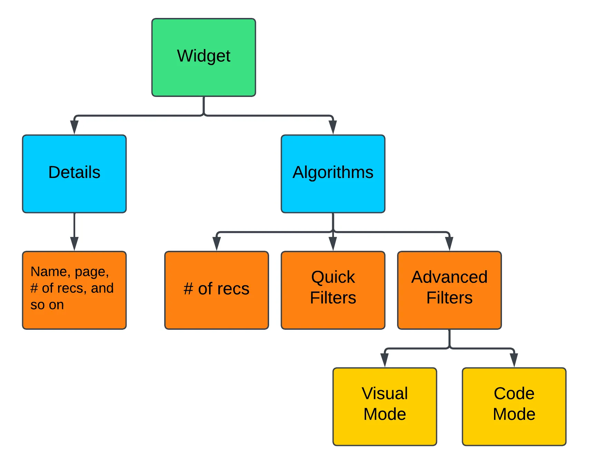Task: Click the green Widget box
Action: (204, 57)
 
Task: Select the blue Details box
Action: (74, 174)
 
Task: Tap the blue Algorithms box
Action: (333, 174)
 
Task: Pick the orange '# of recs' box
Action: (217, 290)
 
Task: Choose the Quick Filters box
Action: (333, 290)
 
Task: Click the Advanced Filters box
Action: (449, 290)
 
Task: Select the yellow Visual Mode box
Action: (385, 406)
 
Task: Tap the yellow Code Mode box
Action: (514, 406)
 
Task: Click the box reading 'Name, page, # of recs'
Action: (74, 290)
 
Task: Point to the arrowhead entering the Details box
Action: (74, 128)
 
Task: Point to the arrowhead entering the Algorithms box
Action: (333, 128)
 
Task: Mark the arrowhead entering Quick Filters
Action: (333, 244)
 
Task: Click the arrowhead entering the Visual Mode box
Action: (385, 360)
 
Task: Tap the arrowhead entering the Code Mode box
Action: (514, 360)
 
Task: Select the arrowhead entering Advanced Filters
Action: (449, 244)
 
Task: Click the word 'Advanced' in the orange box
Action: (450, 277)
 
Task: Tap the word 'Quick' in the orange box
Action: (333, 277)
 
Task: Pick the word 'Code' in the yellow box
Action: (514, 393)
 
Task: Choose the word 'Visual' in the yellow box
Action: (385, 393)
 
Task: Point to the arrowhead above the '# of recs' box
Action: (217, 244)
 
